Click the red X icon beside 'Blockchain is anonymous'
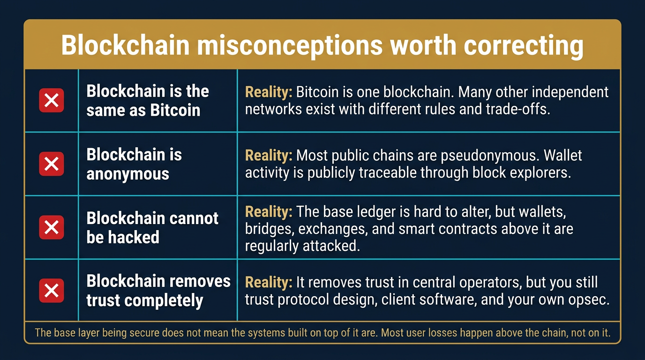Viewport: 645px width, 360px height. click(x=51, y=164)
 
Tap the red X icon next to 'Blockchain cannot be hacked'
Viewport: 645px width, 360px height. click(x=51, y=227)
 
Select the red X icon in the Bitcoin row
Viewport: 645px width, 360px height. click(x=51, y=100)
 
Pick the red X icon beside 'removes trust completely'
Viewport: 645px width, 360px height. click(x=51, y=291)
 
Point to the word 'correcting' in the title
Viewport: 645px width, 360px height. click(x=523, y=45)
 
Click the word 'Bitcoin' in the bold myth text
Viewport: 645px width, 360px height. click(x=175, y=111)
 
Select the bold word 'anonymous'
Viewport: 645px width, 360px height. click(x=127, y=174)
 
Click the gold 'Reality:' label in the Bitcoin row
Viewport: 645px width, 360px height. click(x=268, y=92)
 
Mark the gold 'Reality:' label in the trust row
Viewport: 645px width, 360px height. click(x=268, y=282)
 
